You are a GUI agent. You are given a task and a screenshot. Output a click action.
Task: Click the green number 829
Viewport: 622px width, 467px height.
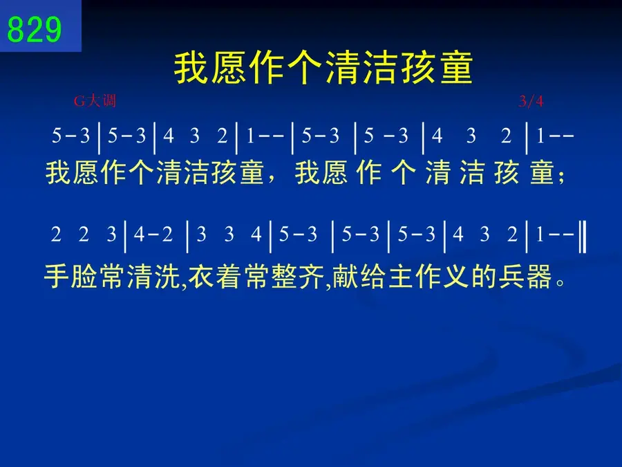pyautogui.click(x=35, y=29)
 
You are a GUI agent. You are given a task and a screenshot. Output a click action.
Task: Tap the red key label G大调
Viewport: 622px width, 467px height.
pyautogui.click(x=95, y=101)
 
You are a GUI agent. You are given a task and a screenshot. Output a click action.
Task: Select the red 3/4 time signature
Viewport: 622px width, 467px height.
pyautogui.click(x=531, y=101)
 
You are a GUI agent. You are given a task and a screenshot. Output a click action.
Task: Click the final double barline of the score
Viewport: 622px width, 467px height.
pyautogui.click(x=583, y=237)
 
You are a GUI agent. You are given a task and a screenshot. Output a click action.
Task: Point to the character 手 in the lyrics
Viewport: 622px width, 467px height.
pyautogui.click(x=57, y=276)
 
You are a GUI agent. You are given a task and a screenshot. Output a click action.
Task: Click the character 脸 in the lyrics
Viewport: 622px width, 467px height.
pyautogui.click(x=84, y=276)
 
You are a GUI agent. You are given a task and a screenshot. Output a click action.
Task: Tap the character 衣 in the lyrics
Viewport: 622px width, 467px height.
pyautogui.click(x=201, y=276)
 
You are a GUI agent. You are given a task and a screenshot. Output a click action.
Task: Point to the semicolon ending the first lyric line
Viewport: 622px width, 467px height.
pyautogui.click(x=561, y=177)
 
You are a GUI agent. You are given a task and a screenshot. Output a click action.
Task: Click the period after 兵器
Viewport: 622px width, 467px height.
pyautogui.click(x=560, y=283)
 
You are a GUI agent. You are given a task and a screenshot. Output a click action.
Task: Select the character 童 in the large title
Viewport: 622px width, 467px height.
pyautogui.click(x=456, y=68)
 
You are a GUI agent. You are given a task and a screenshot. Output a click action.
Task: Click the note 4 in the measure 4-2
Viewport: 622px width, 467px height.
pyautogui.click(x=139, y=235)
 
